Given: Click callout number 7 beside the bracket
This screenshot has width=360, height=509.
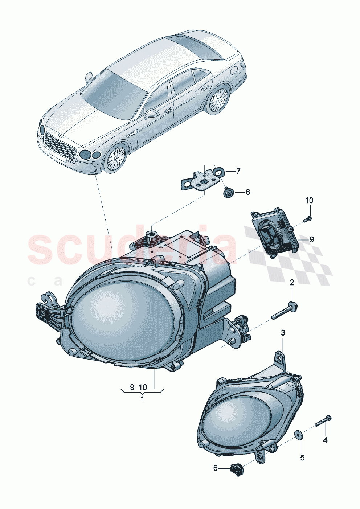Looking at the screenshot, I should pyautogui.click(x=238, y=171).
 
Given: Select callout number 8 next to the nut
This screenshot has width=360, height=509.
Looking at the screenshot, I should pyautogui.click(x=247, y=192).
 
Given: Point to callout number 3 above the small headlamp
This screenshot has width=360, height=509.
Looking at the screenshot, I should pyautogui.click(x=283, y=332).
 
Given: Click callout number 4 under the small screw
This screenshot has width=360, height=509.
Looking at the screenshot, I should pyautogui.click(x=325, y=440).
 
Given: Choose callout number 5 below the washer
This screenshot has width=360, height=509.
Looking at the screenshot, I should pyautogui.click(x=302, y=457).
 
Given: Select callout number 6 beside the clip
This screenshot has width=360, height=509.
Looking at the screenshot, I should pyautogui.click(x=216, y=468).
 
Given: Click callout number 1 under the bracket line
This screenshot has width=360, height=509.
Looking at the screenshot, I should pyautogui.click(x=142, y=399).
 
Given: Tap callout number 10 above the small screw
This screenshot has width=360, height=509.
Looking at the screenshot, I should pyautogui.click(x=309, y=200).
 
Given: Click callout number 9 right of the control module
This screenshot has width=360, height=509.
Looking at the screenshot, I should pyautogui.click(x=311, y=239).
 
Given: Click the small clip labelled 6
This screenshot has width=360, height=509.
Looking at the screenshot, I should pyautogui.click(x=237, y=469).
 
